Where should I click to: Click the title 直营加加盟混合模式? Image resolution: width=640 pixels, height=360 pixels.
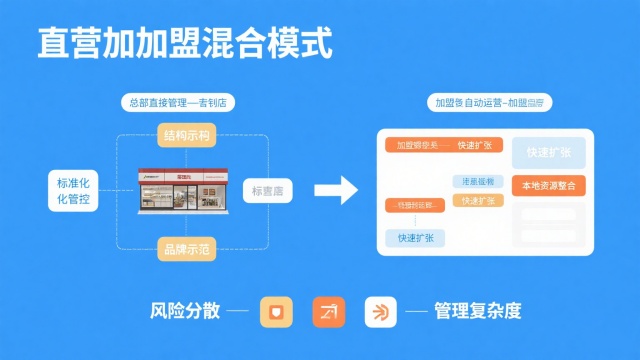coord(185,44)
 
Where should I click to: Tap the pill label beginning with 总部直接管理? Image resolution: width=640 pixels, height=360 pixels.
coord(184,102)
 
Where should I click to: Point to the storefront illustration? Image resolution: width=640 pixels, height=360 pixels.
coord(186,191)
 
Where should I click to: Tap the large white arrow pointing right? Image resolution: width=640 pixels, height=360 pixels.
coord(336,190)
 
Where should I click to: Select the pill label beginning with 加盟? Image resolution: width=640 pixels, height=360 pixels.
coord(490,102)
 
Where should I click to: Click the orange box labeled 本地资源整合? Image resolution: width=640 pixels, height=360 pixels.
coord(548,186)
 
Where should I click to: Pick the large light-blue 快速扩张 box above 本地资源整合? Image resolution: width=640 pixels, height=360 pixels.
coord(548,153)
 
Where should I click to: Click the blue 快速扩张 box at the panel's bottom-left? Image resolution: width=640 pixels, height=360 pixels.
coord(414,238)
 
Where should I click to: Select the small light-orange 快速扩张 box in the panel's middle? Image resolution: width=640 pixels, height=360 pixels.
coord(476,201)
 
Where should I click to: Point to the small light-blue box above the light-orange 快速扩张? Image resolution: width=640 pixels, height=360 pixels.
coord(476,182)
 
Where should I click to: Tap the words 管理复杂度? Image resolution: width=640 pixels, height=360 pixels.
coord(477,310)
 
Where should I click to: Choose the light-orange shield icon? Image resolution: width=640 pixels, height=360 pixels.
coord(275,311)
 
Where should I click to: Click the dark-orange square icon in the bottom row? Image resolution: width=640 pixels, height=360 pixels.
coord(327,311)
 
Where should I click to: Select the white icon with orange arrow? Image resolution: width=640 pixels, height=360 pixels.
coord(380,311)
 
